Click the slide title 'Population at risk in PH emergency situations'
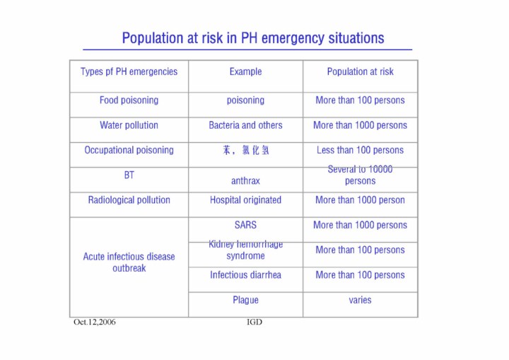click(x=253, y=38)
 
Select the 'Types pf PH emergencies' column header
click(x=129, y=71)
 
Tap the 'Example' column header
click(x=245, y=71)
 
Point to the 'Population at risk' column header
click(x=360, y=71)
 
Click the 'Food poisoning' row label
click(x=129, y=100)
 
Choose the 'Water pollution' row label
click(x=129, y=125)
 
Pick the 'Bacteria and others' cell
click(x=245, y=125)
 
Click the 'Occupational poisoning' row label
click(x=129, y=150)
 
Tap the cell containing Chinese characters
click(x=245, y=150)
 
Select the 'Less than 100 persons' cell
click(x=360, y=150)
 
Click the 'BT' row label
click(x=129, y=175)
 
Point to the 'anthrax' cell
click(x=245, y=181)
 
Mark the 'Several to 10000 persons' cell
click(x=360, y=175)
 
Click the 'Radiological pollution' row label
click(x=129, y=200)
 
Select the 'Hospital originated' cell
click(x=245, y=200)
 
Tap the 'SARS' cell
click(x=245, y=225)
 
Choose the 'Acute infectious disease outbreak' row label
click(x=129, y=262)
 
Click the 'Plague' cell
click(x=245, y=300)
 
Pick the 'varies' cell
click(x=360, y=300)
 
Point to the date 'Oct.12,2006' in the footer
click(x=95, y=323)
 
